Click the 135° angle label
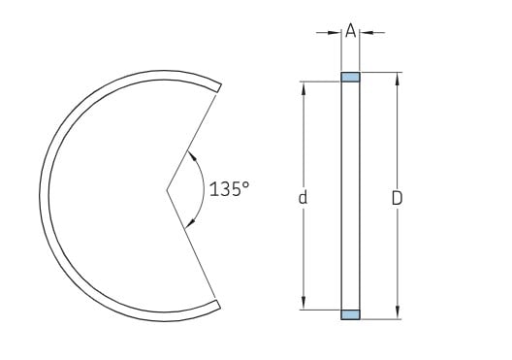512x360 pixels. pyautogui.click(x=229, y=189)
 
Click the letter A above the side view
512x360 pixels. pyautogui.click(x=350, y=31)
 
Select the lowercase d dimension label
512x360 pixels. pyautogui.click(x=304, y=197)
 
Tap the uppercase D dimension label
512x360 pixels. pyautogui.click(x=397, y=198)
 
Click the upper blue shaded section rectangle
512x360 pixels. pyautogui.click(x=350, y=77)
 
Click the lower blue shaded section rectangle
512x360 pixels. pyautogui.click(x=350, y=314)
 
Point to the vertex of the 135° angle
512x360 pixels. pyautogui.click(x=167, y=189)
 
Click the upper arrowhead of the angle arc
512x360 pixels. pyautogui.click(x=193, y=156)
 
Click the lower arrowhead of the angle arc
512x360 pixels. pyautogui.click(x=190, y=223)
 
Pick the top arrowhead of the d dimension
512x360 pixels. pyautogui.click(x=304, y=87)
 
